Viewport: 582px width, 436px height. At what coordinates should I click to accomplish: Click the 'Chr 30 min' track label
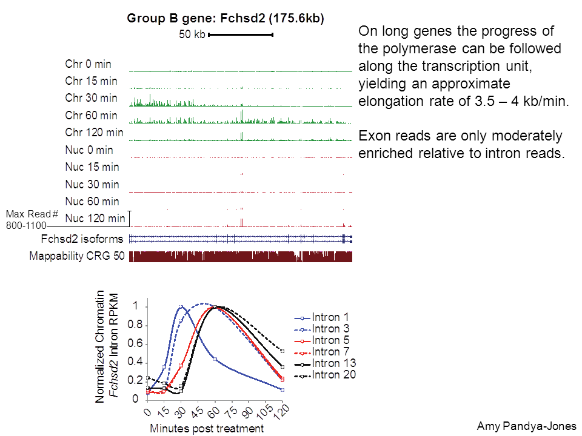(x=91, y=97)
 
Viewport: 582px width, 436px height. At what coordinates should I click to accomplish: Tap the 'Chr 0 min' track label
(x=88, y=64)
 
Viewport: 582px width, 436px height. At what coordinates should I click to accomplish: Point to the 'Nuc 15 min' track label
(x=92, y=167)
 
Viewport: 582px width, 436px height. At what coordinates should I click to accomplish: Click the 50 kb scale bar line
(x=241, y=35)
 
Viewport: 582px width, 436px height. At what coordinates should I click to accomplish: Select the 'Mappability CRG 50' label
(x=77, y=256)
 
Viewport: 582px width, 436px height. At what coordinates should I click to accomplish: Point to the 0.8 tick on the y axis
(x=135, y=325)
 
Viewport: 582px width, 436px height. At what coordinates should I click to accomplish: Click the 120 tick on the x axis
(x=283, y=415)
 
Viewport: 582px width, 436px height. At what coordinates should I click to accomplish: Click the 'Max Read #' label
(x=32, y=214)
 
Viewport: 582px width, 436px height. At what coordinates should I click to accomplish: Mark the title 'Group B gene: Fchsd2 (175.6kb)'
(x=226, y=18)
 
